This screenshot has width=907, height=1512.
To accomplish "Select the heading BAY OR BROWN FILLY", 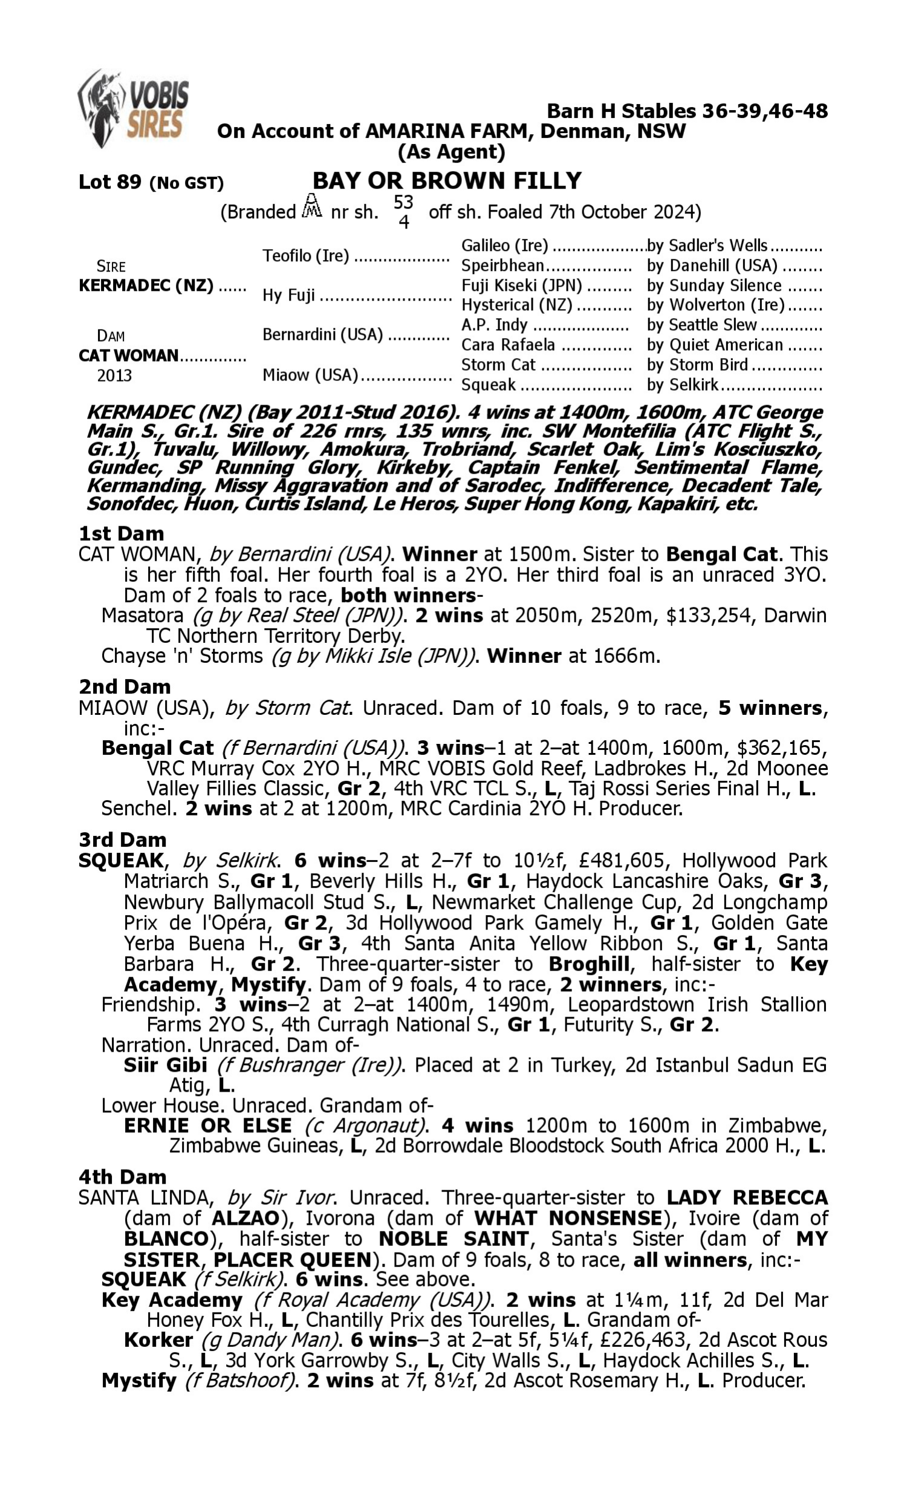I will point(447,181).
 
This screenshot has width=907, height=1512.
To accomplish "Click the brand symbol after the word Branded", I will point(313,207).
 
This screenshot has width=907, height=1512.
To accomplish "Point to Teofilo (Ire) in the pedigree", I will point(305,255).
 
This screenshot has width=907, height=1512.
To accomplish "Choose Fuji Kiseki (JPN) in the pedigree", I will point(521,285).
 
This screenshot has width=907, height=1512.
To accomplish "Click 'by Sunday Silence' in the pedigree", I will point(714,285).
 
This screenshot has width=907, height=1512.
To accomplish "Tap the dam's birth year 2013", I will point(114,375).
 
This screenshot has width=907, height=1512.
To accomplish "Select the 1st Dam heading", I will point(121,533).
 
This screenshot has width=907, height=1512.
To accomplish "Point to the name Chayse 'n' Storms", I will point(182,656).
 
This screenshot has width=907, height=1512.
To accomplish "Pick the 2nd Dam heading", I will point(125,686).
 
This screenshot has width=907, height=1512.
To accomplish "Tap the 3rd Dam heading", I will point(122,839).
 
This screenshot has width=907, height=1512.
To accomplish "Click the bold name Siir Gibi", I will point(165,1065).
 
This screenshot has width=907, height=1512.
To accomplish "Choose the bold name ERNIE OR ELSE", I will point(208,1126).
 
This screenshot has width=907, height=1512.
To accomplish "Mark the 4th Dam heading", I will point(122,1176).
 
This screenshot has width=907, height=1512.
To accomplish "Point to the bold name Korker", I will point(158,1340).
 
